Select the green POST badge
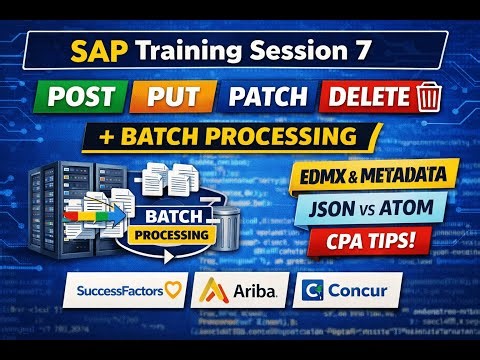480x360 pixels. tap(84, 97)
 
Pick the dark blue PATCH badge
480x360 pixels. tap(266, 97)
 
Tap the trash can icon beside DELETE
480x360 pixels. tap(429, 97)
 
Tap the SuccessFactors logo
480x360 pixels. tap(123, 292)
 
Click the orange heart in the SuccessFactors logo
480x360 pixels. tap(175, 292)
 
